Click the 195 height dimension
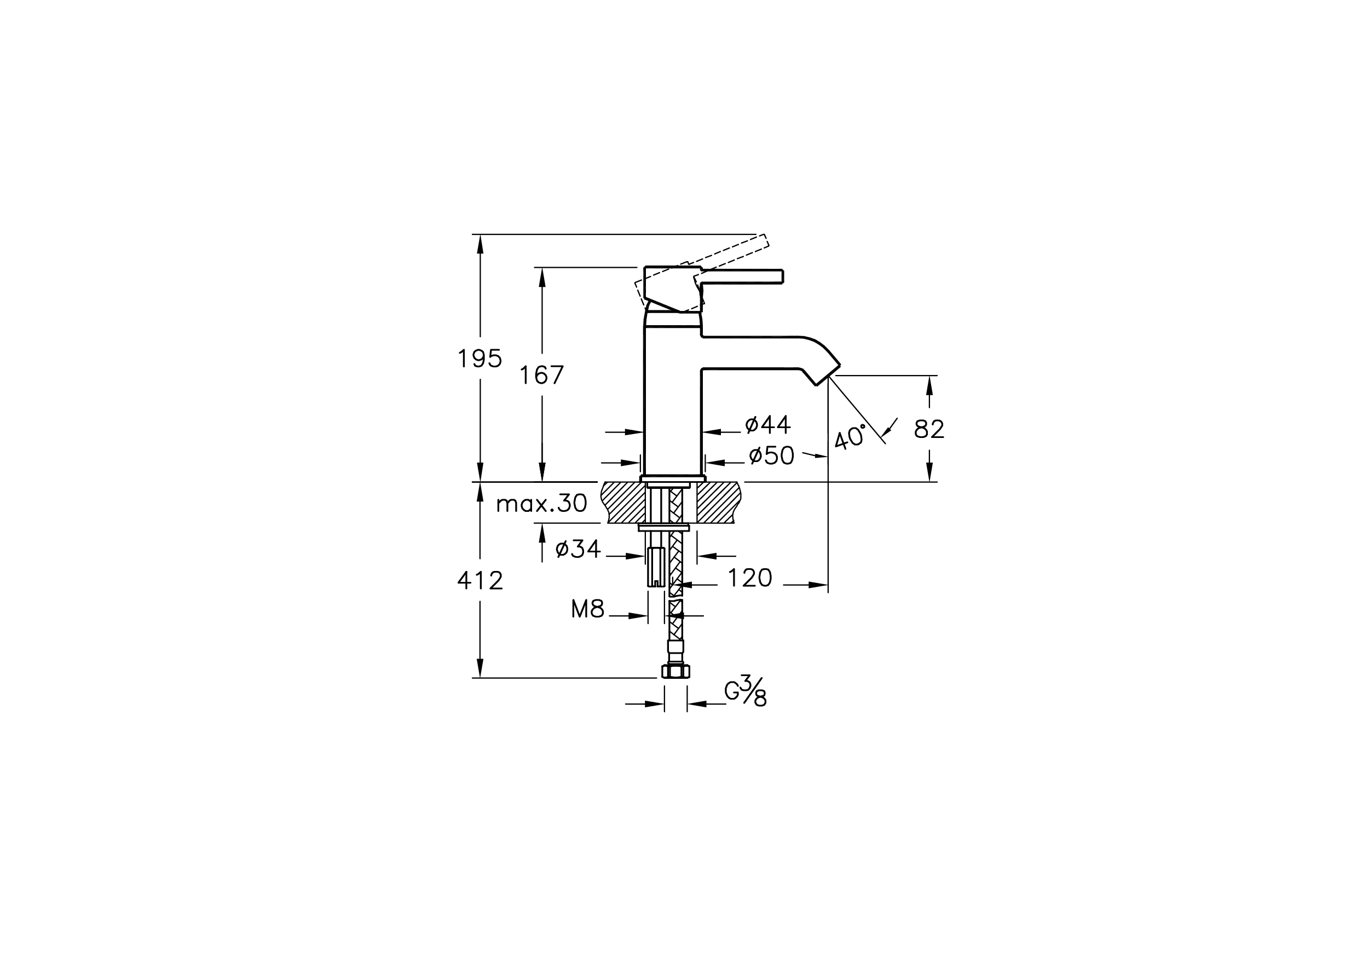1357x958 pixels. pyautogui.click(x=480, y=359)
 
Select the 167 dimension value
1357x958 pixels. pyautogui.click(x=541, y=374)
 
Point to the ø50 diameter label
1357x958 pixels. pyautogui.click(x=771, y=455)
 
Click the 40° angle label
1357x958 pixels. pyautogui.click(x=851, y=437)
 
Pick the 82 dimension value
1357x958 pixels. pyautogui.click(x=929, y=429)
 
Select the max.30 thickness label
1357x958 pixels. pyautogui.click(x=541, y=504)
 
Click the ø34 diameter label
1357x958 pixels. pyautogui.click(x=578, y=549)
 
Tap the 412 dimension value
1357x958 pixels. pyautogui.click(x=480, y=581)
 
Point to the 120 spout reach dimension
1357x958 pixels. pyautogui.click(x=749, y=578)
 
